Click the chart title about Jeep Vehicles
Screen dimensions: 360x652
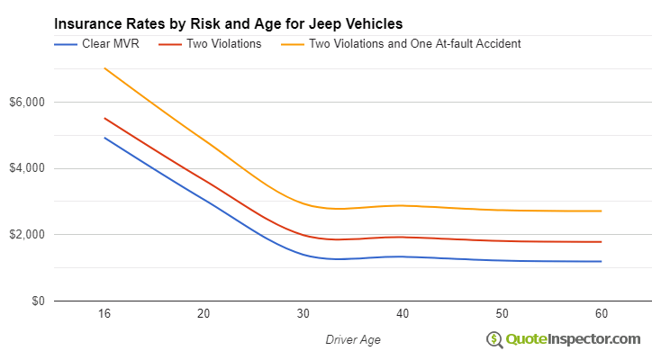point(229,23)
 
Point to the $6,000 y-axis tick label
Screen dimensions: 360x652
point(27,102)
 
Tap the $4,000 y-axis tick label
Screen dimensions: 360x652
point(27,168)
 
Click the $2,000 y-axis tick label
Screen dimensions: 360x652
point(27,235)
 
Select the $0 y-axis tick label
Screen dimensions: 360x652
point(36,301)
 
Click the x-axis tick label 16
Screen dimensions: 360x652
point(104,314)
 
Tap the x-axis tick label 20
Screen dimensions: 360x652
point(204,314)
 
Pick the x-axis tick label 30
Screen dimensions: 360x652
point(303,314)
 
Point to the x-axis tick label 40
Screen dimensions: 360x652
point(403,314)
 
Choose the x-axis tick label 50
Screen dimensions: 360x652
point(502,314)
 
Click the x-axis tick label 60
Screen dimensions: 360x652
point(602,314)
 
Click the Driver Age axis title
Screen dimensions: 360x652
point(353,338)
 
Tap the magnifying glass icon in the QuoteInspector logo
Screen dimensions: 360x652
point(494,339)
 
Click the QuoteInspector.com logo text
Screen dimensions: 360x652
point(573,338)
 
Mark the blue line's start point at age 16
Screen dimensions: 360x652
point(104,138)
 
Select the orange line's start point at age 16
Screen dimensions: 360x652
point(104,68)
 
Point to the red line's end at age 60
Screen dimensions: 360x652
point(602,241)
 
